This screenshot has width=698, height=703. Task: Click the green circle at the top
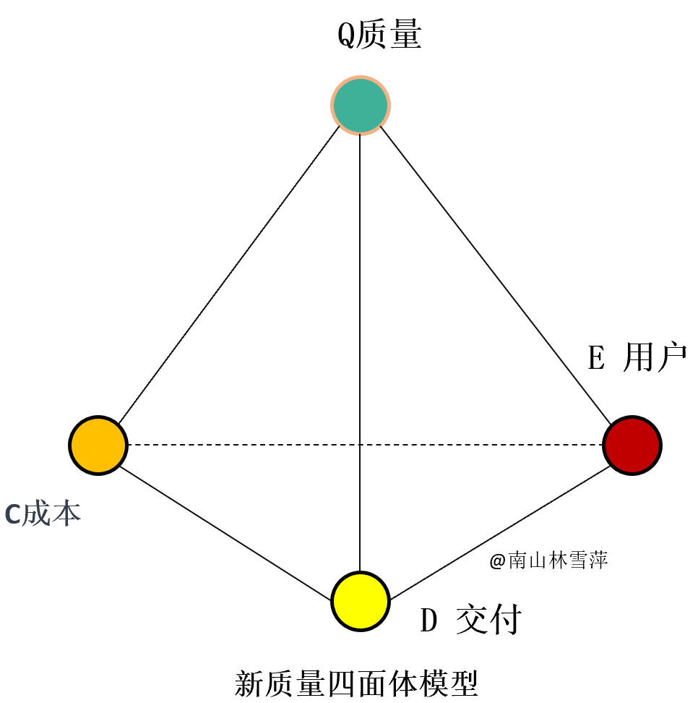coord(361,106)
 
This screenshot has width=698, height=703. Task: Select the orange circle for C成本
coord(98,446)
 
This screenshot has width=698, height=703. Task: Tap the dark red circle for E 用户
coord(632,446)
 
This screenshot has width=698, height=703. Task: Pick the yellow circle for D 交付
coord(361,601)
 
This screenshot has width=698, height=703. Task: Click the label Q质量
coord(379,33)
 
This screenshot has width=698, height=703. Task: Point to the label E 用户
coord(637,357)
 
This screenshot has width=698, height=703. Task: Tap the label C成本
coord(43,514)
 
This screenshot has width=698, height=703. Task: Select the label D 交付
coord(471,618)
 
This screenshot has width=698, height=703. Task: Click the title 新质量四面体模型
coord(356,683)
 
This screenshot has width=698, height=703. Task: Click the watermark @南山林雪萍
coord(548,561)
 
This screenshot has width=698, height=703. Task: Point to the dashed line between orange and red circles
coord(365,445)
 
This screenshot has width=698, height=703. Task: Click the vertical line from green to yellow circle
coord(360,353)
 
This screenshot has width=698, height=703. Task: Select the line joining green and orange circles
coord(229,275)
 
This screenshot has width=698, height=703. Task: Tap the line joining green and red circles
coord(495,276)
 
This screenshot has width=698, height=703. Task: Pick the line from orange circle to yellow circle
coord(225,534)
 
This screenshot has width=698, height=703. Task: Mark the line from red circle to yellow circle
coord(500,533)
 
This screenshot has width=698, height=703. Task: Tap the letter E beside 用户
coord(596,358)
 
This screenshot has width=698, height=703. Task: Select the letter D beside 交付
coord(428,620)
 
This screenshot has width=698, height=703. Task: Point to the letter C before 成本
coord(12,514)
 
